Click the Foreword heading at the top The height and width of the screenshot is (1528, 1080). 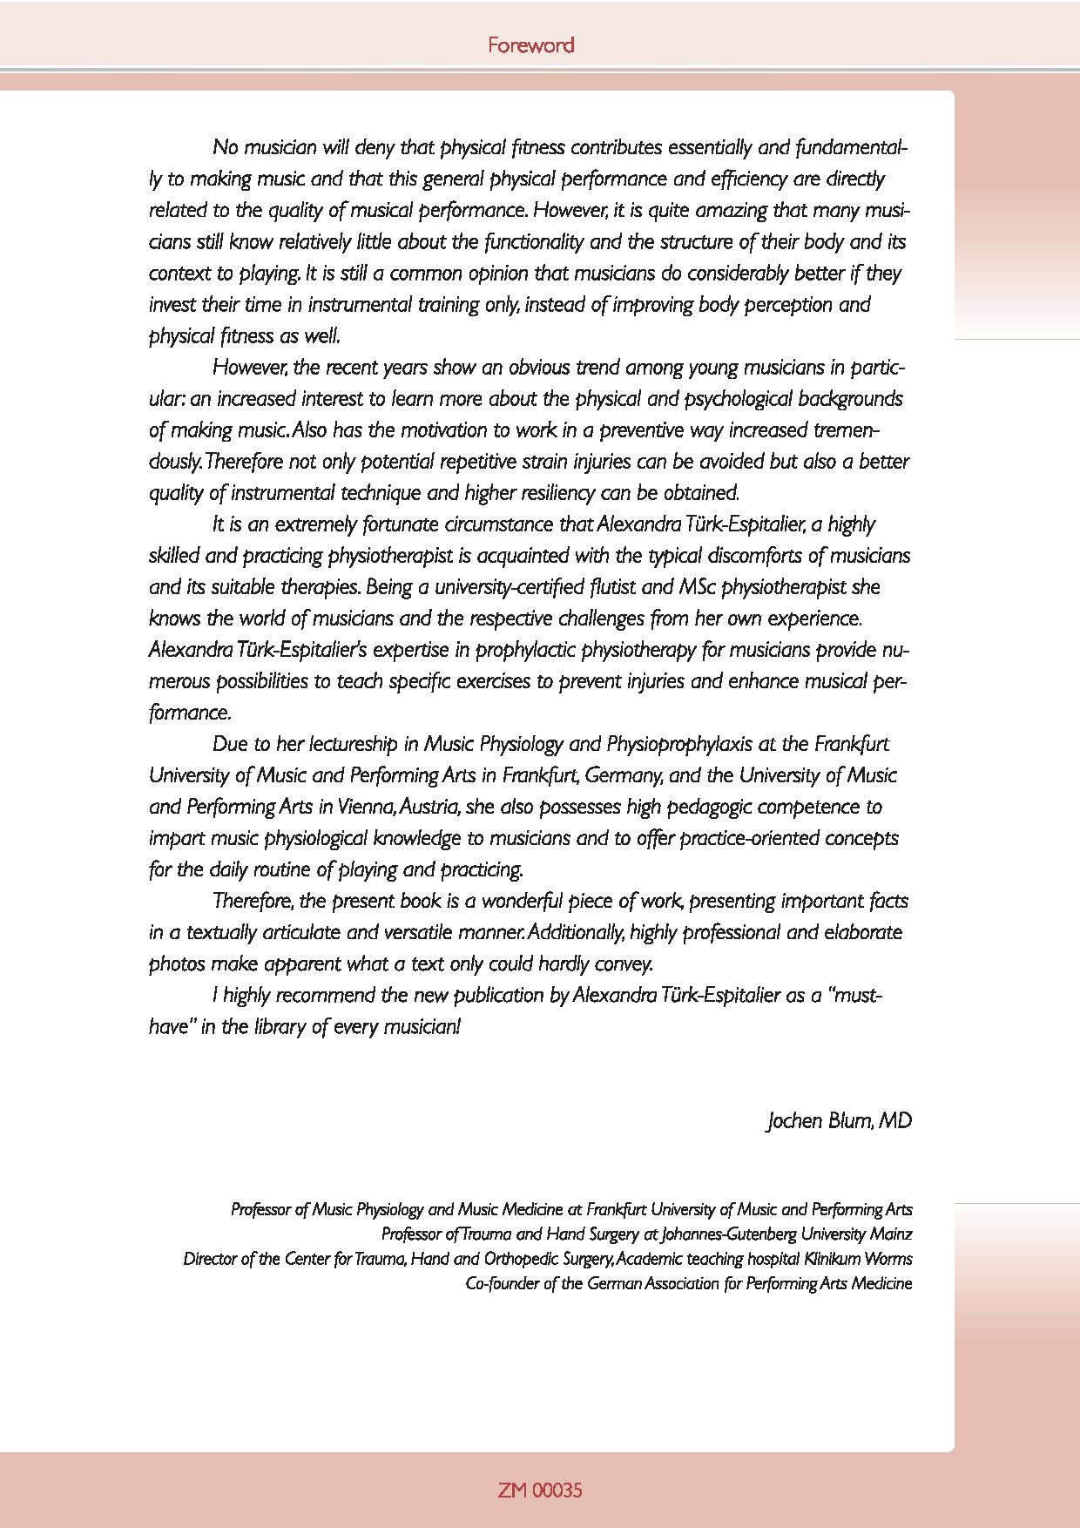(x=530, y=44)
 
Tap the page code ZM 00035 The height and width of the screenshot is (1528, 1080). (x=540, y=1490)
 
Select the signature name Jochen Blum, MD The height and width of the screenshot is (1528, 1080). (x=839, y=1120)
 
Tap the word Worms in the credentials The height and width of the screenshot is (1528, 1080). (x=889, y=1259)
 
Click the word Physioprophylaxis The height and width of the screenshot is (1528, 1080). (x=678, y=744)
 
